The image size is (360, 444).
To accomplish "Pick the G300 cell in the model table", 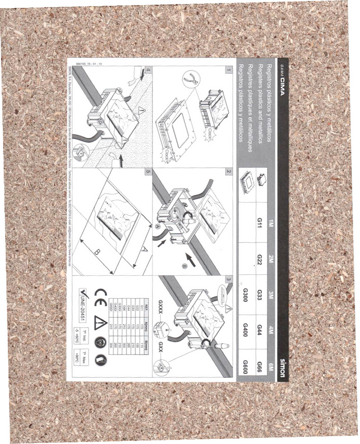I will pos(244,294).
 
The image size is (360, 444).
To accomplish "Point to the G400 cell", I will pos(244,328).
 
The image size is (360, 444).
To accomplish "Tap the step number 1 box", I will pos(229,68).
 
